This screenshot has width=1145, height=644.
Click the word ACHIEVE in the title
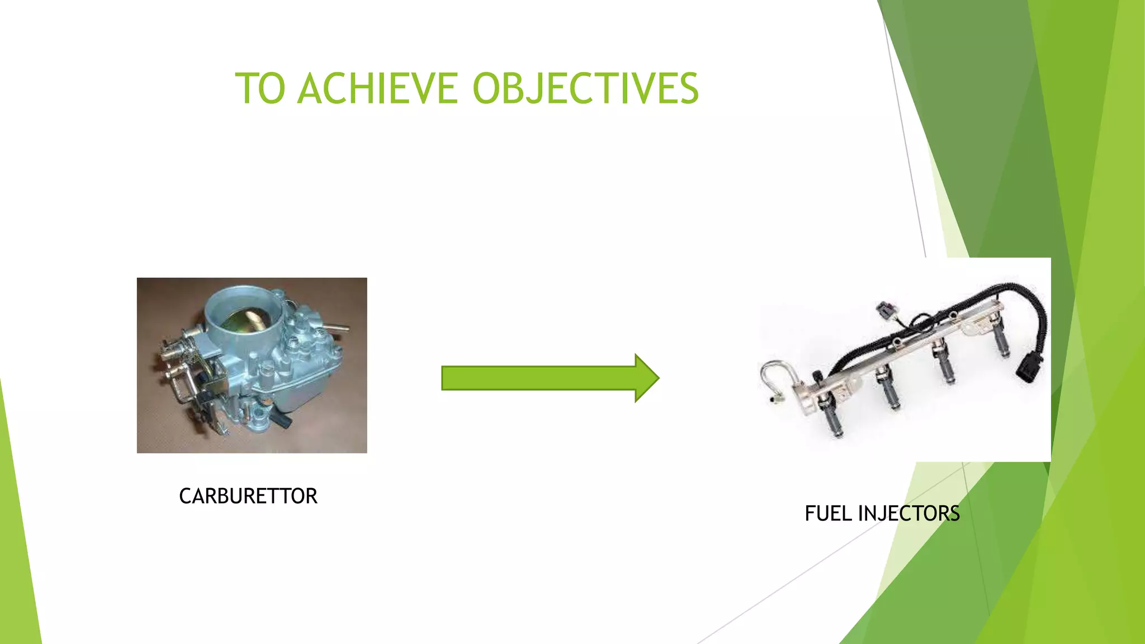(x=377, y=89)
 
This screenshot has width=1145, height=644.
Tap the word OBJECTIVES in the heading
(x=585, y=89)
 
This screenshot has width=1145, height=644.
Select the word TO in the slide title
(x=260, y=89)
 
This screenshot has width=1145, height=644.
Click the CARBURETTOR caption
(x=248, y=496)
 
